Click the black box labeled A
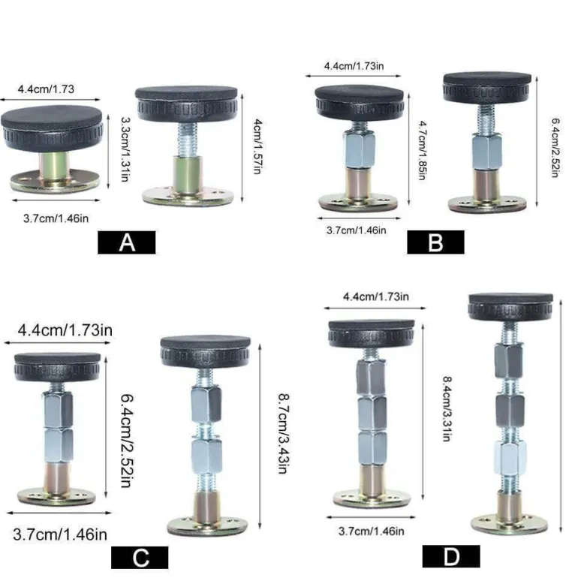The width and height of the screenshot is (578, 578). [126, 242]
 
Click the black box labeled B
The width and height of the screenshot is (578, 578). [435, 242]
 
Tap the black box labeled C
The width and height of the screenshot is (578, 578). [140, 558]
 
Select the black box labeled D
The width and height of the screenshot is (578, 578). [451, 556]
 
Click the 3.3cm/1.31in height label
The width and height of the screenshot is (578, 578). [125, 149]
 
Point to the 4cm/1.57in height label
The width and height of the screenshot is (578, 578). [257, 146]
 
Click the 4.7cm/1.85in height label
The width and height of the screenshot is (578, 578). [423, 150]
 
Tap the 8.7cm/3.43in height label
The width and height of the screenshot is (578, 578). [284, 434]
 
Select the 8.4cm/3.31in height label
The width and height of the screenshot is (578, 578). [447, 408]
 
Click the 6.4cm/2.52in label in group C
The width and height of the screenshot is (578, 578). [128, 441]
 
